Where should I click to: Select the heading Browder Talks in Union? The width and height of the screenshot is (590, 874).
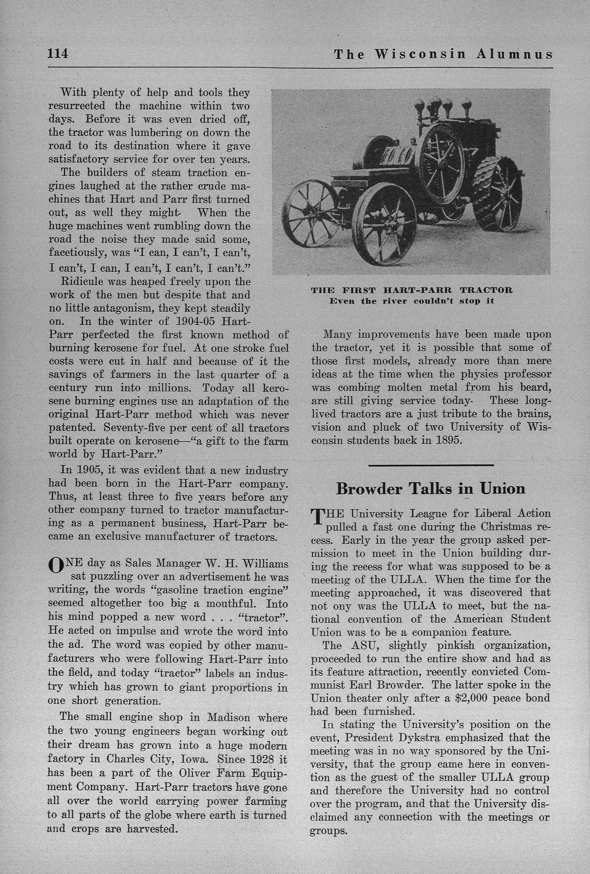tap(431, 488)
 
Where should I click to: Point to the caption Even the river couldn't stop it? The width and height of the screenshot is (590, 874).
tap(412, 301)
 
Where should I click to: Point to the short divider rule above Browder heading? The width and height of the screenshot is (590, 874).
tap(431, 465)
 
